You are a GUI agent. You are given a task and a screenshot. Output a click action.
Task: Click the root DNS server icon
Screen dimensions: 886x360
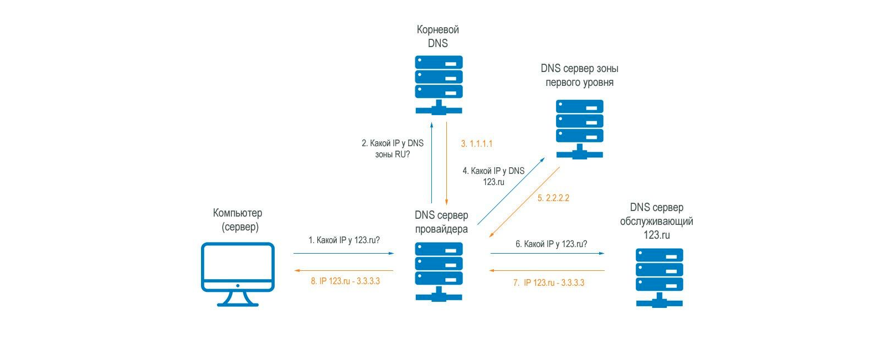pyautogui.click(x=439, y=85)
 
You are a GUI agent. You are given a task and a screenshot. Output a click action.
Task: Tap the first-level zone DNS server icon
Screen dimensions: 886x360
pyautogui.click(x=579, y=130)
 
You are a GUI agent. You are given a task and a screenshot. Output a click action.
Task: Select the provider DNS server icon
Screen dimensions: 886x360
pyautogui.click(x=439, y=272)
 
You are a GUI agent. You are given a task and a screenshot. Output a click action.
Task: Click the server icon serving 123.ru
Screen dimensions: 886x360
pyautogui.click(x=660, y=277)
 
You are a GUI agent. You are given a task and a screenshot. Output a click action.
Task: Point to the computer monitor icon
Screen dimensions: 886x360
pyautogui.click(x=238, y=274)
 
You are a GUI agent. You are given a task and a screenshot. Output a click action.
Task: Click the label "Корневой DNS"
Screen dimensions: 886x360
pyautogui.click(x=438, y=37)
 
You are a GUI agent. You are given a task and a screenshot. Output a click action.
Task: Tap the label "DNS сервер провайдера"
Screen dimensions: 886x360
pyautogui.click(x=441, y=222)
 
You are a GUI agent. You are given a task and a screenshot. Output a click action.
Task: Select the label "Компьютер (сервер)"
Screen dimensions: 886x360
pyautogui.click(x=238, y=220)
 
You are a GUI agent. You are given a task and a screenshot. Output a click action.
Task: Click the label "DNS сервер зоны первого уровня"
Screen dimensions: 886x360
pyautogui.click(x=579, y=75)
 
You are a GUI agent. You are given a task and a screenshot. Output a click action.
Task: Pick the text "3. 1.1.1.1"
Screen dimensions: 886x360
pyautogui.click(x=477, y=143)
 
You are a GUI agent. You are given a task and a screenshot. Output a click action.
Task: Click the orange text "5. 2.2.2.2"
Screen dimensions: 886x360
pyautogui.click(x=553, y=198)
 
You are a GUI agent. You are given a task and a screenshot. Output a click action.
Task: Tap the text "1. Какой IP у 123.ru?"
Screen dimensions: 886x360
pyautogui.click(x=344, y=240)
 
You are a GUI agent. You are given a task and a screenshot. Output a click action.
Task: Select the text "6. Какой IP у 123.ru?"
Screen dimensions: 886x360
pyautogui.click(x=552, y=244)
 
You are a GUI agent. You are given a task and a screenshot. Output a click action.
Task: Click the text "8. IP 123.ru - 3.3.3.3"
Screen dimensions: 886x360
pyautogui.click(x=346, y=281)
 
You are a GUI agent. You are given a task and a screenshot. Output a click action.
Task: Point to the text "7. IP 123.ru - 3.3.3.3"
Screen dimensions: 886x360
pyautogui.click(x=549, y=282)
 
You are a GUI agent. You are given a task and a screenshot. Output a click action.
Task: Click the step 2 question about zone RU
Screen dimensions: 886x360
pyautogui.click(x=393, y=149)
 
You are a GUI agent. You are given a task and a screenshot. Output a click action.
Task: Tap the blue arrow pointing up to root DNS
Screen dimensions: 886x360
pyautogui.click(x=431, y=163)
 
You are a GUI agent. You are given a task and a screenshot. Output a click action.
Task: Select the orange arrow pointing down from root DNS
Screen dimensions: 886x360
pyautogui.click(x=446, y=163)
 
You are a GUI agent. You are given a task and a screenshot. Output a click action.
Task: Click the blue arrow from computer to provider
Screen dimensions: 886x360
pyautogui.click(x=344, y=253)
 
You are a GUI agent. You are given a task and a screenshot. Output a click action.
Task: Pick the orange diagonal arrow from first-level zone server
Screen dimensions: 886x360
pyautogui.click(x=524, y=202)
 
